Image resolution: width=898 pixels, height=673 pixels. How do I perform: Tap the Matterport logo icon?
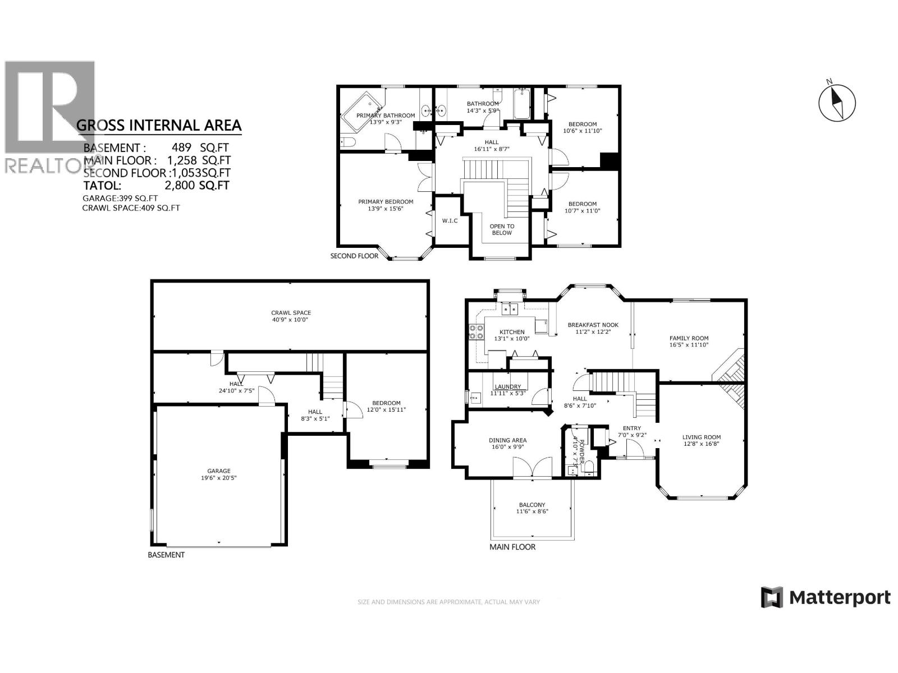[x=772, y=597]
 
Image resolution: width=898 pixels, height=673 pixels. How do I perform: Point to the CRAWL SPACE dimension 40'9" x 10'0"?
[x=291, y=320]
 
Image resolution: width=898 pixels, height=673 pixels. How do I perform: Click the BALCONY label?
[x=532, y=505]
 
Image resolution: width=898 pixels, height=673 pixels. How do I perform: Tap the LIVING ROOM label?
[x=702, y=437]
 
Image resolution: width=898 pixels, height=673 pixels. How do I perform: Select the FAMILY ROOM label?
[x=689, y=338]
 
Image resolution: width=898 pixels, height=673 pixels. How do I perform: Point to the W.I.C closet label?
[x=450, y=220]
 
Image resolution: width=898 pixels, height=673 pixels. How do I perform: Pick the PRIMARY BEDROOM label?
[x=386, y=202]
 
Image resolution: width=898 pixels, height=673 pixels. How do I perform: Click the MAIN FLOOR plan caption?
[x=512, y=547]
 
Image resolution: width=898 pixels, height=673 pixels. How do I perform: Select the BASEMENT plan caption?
[x=166, y=555]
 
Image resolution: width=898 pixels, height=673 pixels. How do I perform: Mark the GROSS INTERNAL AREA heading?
[x=159, y=125]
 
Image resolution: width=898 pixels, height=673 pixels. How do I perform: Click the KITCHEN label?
[x=512, y=332]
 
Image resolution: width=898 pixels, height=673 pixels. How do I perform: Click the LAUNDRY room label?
[x=507, y=386]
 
